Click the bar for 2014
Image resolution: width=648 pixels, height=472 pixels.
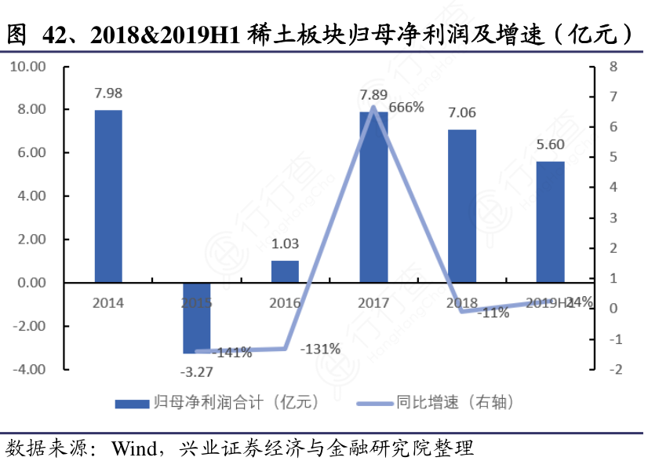108,196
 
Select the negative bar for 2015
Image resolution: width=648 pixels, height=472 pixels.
196,318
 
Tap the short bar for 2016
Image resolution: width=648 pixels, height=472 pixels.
285,271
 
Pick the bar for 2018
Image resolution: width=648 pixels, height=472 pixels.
462,206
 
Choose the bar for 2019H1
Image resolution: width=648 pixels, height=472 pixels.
551,221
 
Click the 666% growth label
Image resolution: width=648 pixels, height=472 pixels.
406,108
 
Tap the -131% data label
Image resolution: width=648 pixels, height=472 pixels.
319,349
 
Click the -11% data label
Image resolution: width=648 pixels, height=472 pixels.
493,312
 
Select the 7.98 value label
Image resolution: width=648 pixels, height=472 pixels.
108,93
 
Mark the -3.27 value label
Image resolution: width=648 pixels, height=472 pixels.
196,371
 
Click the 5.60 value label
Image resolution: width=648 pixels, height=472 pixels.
551,145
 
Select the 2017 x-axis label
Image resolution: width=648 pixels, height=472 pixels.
373,302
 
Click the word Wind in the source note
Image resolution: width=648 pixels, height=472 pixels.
133,450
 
